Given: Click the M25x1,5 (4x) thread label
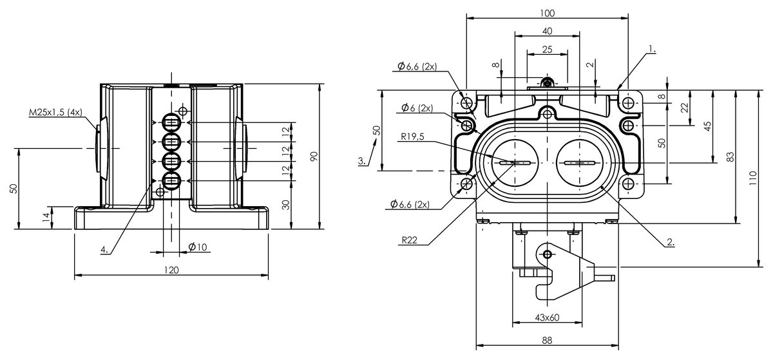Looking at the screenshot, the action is [55, 112].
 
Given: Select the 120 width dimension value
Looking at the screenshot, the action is [171, 270].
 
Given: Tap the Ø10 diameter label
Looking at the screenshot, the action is [198, 247].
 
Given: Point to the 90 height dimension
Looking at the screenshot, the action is [314, 156].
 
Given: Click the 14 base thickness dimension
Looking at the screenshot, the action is [46, 218].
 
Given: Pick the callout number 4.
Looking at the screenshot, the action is [104, 249].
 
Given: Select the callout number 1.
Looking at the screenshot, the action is [652, 49].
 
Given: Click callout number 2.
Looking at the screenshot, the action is [671, 242].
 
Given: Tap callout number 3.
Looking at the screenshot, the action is [361, 161].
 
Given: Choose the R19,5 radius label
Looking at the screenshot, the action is [413, 137].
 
